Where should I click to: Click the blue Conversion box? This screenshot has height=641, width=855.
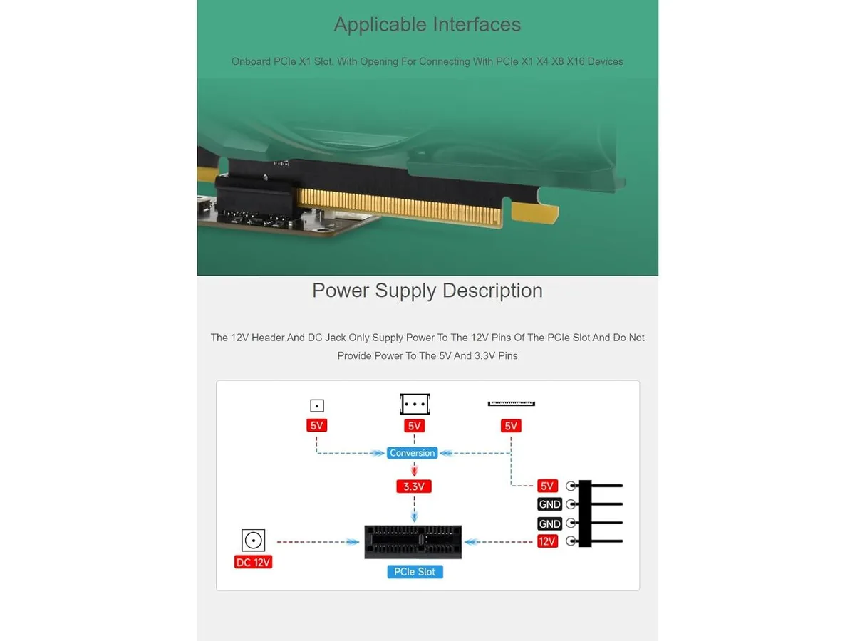[x=412, y=453]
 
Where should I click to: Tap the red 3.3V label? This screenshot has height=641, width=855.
[x=414, y=486]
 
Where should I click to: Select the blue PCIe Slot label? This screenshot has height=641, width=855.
[x=415, y=572]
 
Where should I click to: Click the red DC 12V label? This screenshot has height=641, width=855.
[x=253, y=562]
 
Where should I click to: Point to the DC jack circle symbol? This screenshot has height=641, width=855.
[x=253, y=540]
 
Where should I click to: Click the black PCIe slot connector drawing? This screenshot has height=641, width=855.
[x=413, y=542]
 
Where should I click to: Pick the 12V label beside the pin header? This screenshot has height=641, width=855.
[x=547, y=541]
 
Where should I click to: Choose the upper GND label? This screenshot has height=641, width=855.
[x=549, y=504]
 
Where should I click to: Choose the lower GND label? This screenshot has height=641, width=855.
[x=549, y=523]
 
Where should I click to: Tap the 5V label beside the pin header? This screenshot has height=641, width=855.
[x=547, y=486]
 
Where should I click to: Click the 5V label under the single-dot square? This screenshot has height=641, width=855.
[x=316, y=425]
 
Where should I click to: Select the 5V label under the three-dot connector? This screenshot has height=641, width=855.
[x=414, y=426]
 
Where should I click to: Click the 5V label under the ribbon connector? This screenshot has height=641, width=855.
[x=511, y=426]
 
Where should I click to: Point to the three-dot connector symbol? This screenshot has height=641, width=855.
[x=415, y=404]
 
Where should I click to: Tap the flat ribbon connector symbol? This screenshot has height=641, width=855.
[x=512, y=404]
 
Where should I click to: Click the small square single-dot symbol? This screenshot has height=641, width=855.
[x=317, y=405]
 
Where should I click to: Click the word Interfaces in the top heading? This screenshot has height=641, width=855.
[x=477, y=24]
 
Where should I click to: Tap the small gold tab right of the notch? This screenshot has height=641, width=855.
[x=534, y=213]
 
